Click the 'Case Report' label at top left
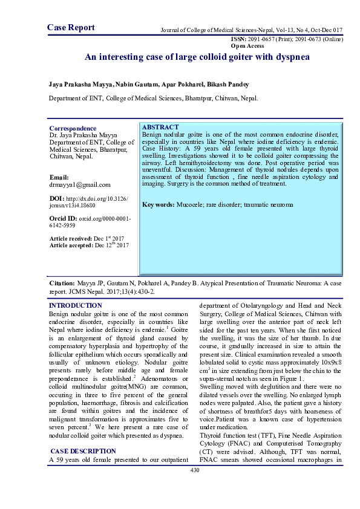[71, 28]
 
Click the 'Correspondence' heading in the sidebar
[73, 129]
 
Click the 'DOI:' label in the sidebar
[58, 198]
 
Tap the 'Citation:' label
[62, 283]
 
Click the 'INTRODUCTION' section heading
[75, 306]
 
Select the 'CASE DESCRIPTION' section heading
[83, 451]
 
